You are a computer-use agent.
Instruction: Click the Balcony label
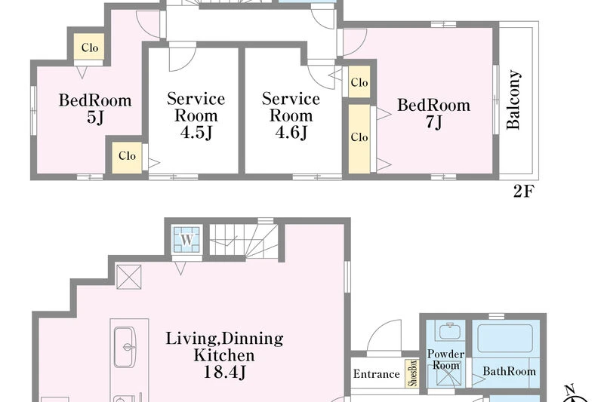[x=514, y=100]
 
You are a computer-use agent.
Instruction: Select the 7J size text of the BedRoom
[x=433, y=122]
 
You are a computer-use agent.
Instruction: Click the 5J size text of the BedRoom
[x=95, y=118]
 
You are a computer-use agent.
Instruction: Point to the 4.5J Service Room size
[x=196, y=133]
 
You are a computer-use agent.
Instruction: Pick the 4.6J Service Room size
[x=291, y=133]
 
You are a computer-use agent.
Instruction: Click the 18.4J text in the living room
[x=223, y=372]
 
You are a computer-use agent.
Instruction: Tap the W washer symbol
[x=186, y=239]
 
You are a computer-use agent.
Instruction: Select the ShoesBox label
[x=412, y=373]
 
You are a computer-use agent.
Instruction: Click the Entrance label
[x=376, y=374]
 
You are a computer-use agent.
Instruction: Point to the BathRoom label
[x=509, y=371]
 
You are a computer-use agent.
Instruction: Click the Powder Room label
[x=445, y=359]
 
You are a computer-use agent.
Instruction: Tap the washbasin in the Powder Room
[x=449, y=330]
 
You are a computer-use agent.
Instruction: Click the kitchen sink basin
[x=125, y=348]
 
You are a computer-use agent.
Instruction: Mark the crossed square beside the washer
[x=128, y=277]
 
